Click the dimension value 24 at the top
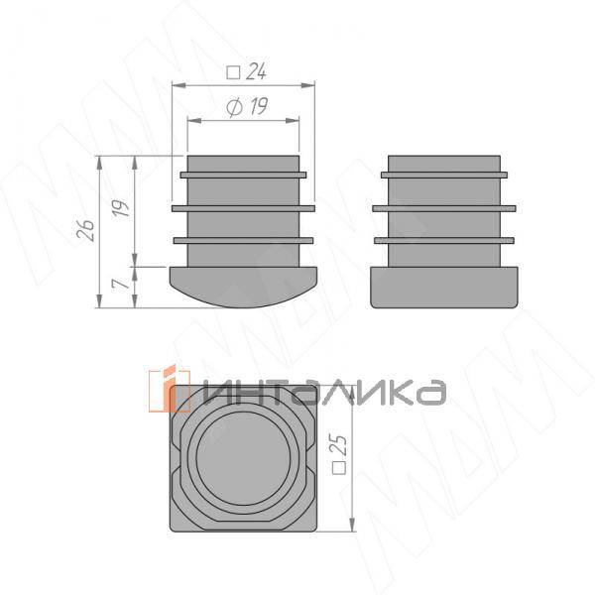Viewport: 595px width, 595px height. [x=256, y=71]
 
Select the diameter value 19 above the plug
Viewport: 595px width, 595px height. [x=257, y=106]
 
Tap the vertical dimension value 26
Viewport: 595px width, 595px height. [x=85, y=230]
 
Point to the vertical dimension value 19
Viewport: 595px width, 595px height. [x=121, y=208]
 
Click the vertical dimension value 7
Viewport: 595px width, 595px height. [x=121, y=283]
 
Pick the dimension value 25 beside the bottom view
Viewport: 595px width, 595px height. [x=339, y=444]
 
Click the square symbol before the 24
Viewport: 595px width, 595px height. [x=233, y=72]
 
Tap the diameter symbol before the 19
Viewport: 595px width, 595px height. [x=234, y=108]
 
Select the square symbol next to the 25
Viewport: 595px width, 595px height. [x=339, y=468]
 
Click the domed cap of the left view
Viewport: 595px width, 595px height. [x=243, y=287]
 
